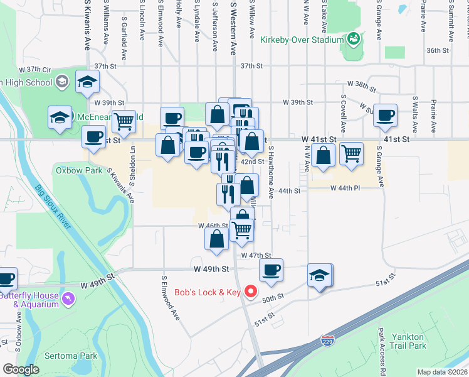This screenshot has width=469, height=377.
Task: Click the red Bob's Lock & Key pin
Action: (251, 292)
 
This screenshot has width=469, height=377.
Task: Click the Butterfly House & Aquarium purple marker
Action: (68, 296)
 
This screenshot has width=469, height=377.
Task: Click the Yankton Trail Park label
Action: (408, 341)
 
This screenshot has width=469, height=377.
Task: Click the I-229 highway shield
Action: (327, 341)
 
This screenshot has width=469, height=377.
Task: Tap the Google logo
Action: (21, 369)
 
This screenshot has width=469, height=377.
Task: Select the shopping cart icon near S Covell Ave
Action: (351, 153)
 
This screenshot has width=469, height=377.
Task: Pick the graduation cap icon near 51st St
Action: (319, 275)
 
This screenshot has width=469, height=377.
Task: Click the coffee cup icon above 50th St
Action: (271, 270)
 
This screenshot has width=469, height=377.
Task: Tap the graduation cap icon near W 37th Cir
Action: (87, 82)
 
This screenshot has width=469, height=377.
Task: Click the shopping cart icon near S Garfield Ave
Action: (124, 121)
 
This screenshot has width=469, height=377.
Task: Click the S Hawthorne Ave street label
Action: (271, 173)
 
